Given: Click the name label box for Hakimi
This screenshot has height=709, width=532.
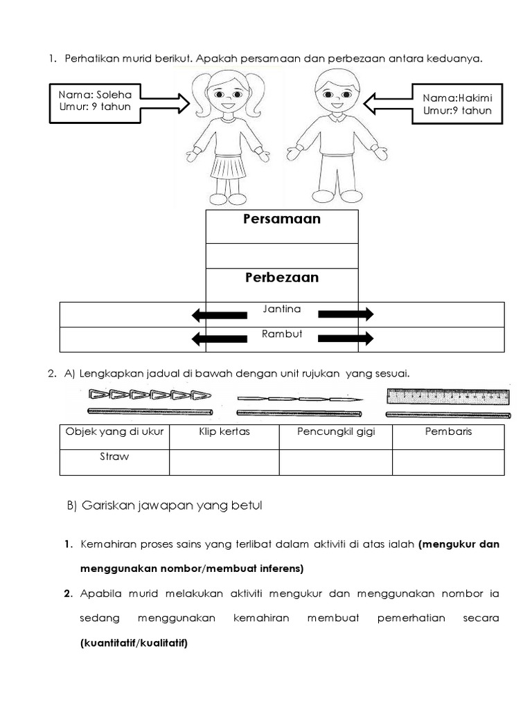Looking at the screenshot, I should pos(456,103).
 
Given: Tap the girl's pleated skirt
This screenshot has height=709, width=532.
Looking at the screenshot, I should pos(228,167).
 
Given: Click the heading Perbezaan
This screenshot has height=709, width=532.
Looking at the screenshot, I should pos(281,278).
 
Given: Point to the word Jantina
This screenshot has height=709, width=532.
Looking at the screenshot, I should pos(281,309).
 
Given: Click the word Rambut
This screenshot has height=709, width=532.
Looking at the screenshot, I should pos(281,334).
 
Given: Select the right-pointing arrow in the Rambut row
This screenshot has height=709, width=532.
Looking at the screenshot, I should pos(345,339).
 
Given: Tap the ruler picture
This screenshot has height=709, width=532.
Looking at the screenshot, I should pos(447,397).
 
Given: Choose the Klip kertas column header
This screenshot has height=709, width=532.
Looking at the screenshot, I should pos(224,432).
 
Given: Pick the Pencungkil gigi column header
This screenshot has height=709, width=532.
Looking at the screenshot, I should pos(335,432).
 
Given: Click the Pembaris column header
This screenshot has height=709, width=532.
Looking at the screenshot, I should pos(447,432).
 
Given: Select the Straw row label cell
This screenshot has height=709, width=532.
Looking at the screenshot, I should pos(114,458).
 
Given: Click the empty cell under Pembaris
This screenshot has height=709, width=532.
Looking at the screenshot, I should pos(447,462).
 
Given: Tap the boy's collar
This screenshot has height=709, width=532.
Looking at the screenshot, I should pos(336,118).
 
